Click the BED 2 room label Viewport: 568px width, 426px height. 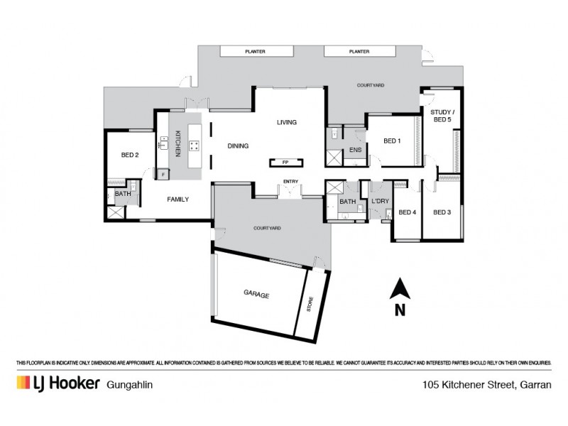(129, 155)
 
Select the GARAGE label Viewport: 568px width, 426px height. (256, 295)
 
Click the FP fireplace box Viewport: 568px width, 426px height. (286, 162)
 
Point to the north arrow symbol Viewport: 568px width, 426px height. (400, 288)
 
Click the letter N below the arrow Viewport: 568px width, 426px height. (400, 309)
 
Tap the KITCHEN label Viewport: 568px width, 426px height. (178, 143)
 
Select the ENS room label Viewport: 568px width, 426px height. (355, 150)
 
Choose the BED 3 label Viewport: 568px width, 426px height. (442, 212)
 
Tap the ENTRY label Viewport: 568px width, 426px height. (290, 182)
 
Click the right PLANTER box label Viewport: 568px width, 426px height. (359, 52)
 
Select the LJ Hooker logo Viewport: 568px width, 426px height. (57, 383)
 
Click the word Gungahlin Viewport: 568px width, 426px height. (130, 384)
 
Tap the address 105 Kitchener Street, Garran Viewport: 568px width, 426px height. (486, 384)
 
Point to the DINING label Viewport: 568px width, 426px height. (238, 146)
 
